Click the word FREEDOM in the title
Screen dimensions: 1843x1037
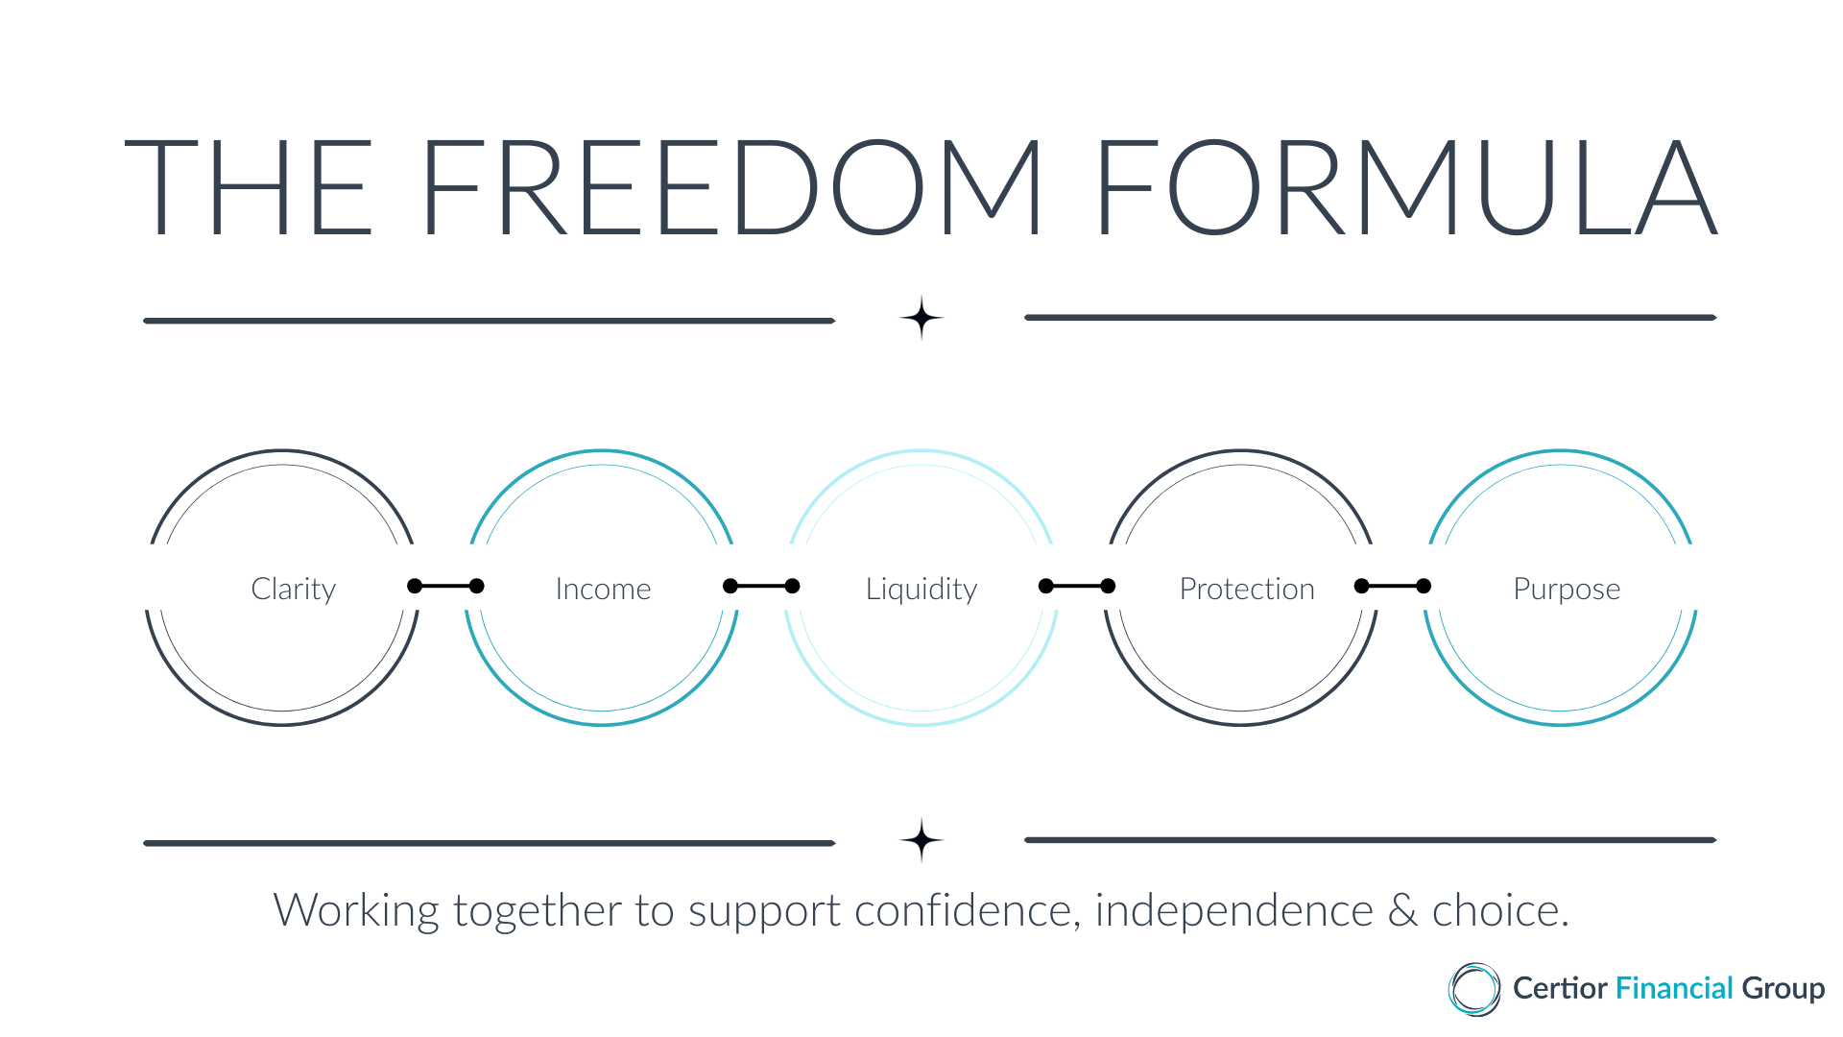click(x=731, y=187)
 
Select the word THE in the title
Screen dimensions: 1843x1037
click(x=249, y=187)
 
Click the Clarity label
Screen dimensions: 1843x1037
click(x=294, y=589)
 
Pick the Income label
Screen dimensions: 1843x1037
click(x=603, y=589)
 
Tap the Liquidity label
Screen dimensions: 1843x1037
click(x=921, y=589)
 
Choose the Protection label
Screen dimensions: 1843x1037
click(x=1247, y=589)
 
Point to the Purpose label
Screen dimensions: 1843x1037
click(x=1567, y=590)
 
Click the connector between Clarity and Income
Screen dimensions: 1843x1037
click(x=445, y=586)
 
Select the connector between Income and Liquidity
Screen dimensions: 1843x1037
click(x=761, y=586)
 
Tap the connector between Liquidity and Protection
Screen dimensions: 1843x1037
click(x=1077, y=586)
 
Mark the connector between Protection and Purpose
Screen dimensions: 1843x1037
click(x=1393, y=586)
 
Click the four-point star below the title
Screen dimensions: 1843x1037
click(x=921, y=318)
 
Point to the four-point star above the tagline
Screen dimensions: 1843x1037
click(x=921, y=840)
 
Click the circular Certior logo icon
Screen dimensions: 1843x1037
click(x=1474, y=989)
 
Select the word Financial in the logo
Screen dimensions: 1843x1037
click(x=1674, y=988)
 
